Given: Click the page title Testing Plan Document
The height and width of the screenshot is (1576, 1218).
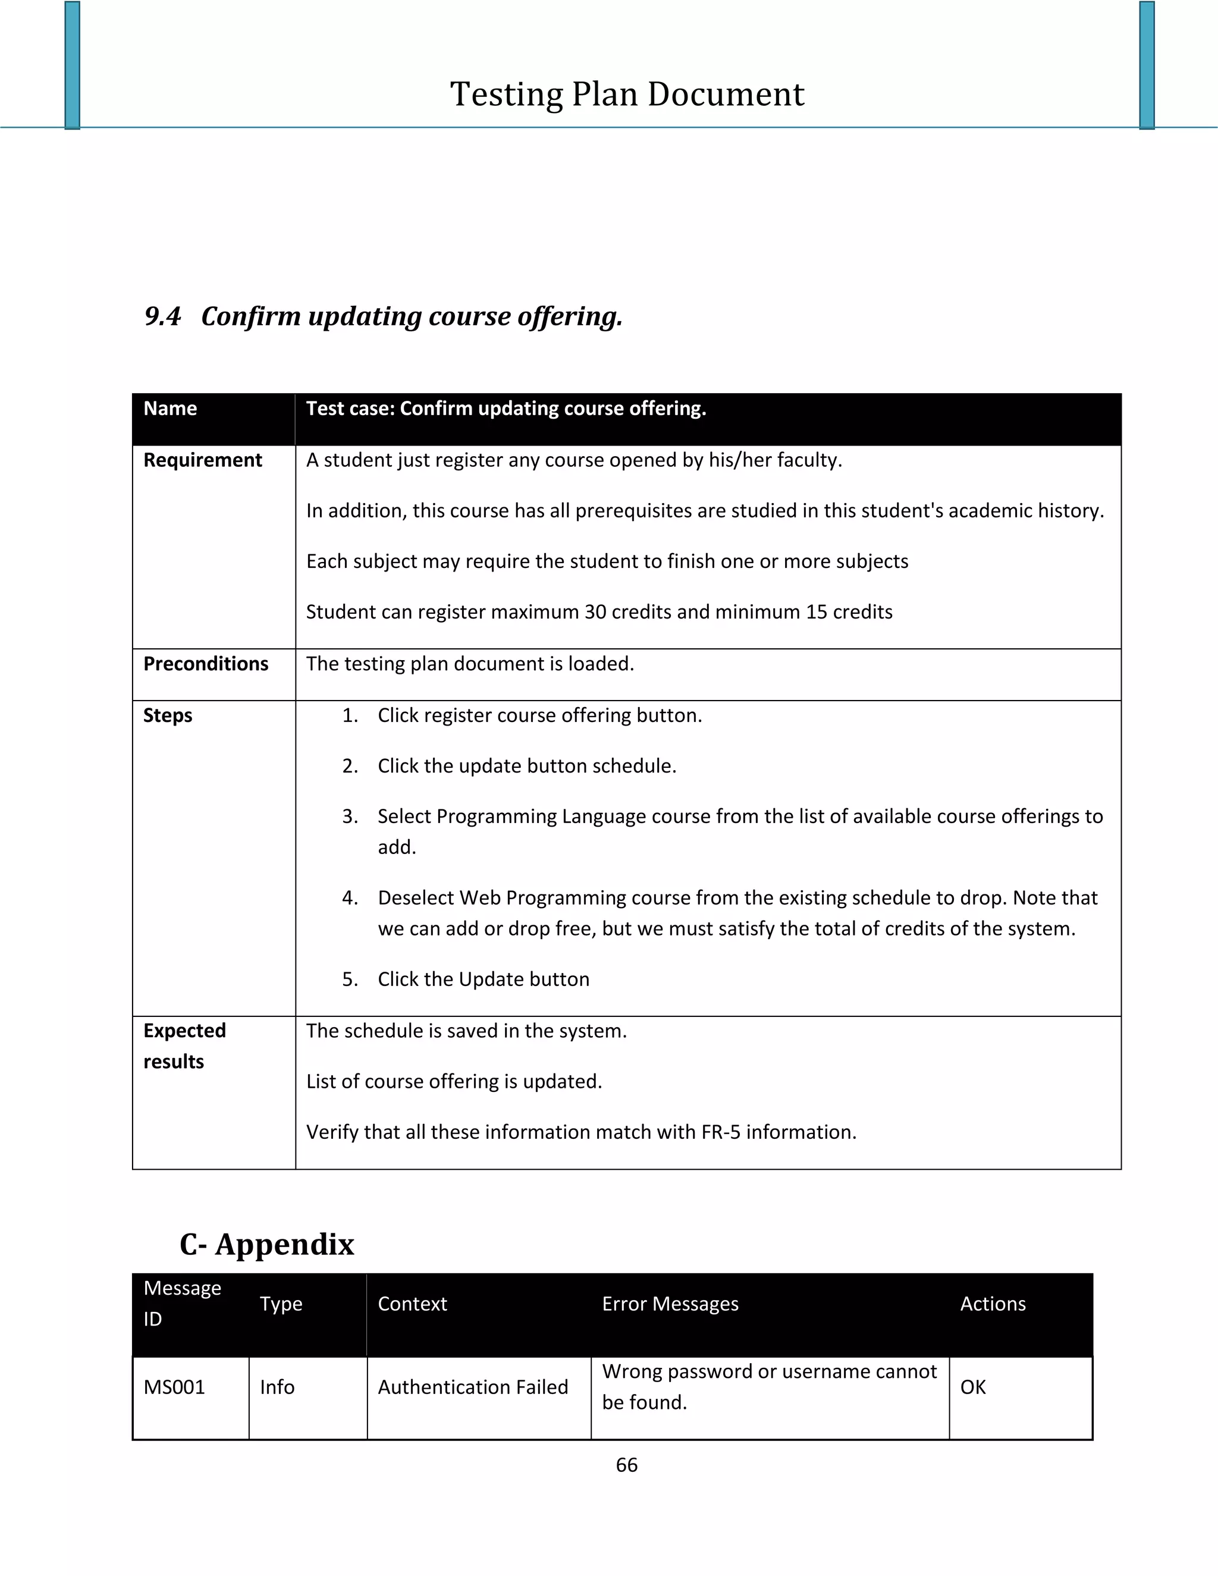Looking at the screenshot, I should [x=626, y=95].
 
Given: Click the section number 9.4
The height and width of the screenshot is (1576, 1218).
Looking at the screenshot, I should [x=162, y=316].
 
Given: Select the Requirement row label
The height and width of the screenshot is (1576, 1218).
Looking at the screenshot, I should [x=202, y=460].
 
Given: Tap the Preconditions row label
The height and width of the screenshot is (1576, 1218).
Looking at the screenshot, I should [x=206, y=664].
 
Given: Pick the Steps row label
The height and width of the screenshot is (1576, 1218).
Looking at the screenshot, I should [x=167, y=715].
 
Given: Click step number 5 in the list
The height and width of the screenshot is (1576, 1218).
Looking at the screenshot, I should [x=350, y=979].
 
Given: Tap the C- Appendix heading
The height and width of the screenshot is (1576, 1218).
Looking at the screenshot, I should [x=267, y=1245].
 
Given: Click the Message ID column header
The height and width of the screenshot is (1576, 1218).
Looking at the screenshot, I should [x=182, y=1303].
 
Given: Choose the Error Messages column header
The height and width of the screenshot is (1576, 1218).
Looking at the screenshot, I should [x=670, y=1304].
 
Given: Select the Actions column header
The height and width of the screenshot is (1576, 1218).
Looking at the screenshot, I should [x=993, y=1304].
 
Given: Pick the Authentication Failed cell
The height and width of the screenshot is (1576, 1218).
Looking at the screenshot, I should [x=473, y=1387].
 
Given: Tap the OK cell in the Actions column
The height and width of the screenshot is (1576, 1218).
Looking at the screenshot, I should [x=972, y=1387].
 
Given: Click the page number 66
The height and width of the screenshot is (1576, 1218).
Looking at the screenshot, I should [x=626, y=1465].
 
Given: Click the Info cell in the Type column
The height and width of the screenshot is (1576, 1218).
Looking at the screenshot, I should [x=277, y=1387].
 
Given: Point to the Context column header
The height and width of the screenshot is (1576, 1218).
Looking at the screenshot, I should [x=412, y=1304].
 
